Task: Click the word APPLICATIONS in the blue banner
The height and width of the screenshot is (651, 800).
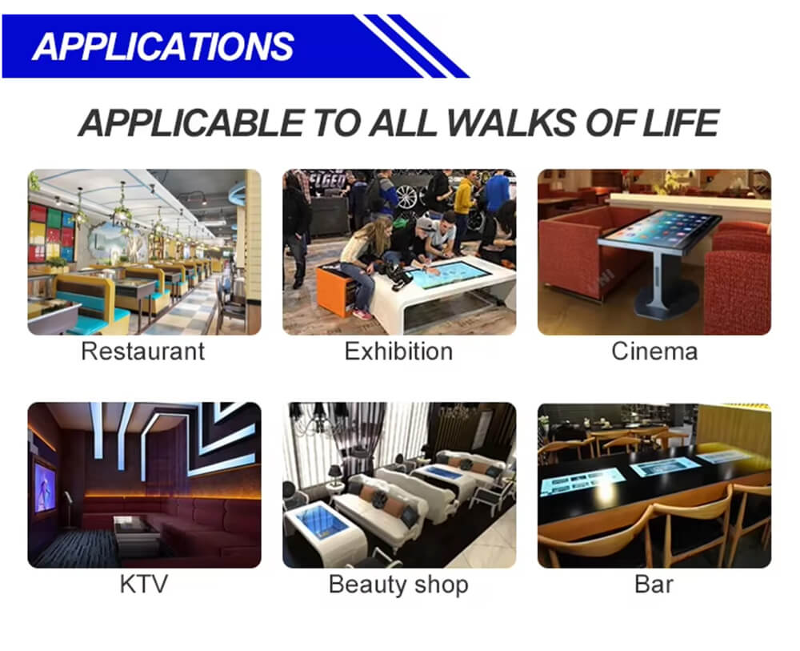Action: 163,46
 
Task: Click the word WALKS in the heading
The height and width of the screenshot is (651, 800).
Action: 510,123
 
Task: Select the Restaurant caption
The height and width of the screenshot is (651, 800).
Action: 143,352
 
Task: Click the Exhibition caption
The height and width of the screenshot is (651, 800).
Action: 399,352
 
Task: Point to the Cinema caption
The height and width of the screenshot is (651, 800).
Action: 654,352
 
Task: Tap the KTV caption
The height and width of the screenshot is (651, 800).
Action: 144,584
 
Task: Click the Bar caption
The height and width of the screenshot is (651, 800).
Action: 654,584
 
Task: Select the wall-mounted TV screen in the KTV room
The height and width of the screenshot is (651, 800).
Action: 44,487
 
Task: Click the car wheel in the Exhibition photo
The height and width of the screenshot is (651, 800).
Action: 406,196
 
